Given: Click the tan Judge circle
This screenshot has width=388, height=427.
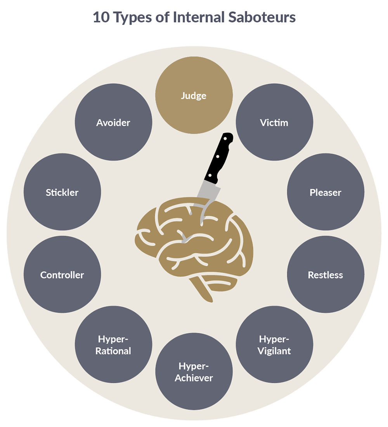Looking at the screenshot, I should click(x=194, y=95).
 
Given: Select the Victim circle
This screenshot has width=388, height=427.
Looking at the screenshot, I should click(x=274, y=123).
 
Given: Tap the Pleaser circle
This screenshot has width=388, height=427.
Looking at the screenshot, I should click(x=326, y=192).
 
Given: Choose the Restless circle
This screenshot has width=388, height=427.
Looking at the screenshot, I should click(x=326, y=275).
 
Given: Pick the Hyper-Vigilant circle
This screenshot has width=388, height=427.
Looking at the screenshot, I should click(x=274, y=344).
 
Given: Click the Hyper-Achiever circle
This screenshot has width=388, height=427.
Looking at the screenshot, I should click(x=194, y=372).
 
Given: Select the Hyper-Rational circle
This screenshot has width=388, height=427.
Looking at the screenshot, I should click(x=114, y=344).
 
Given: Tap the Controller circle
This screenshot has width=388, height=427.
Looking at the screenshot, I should click(x=62, y=275).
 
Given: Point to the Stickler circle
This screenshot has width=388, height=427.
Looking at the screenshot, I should click(x=62, y=192).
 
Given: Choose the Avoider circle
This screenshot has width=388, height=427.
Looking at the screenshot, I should click(x=113, y=123).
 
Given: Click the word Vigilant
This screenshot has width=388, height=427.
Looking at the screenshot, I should click(x=274, y=351).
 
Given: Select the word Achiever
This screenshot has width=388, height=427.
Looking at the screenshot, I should click(x=194, y=378).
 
